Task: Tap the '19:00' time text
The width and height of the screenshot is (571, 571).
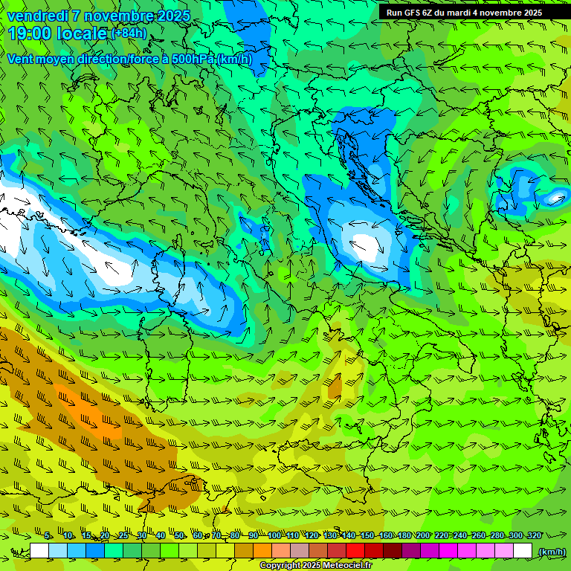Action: pyautogui.click(x=30, y=33)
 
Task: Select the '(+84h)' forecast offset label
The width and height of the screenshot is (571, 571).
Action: pyautogui.click(x=129, y=33)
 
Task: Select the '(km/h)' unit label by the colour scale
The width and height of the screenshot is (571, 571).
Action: pyautogui.click(x=551, y=551)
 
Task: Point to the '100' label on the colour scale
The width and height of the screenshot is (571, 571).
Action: pyautogui.click(x=274, y=535)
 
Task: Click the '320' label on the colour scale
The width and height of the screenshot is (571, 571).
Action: pyautogui.click(x=534, y=535)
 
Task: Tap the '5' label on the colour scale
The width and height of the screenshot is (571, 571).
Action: pyautogui.click(x=48, y=535)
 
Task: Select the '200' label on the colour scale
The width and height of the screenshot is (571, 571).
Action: pyautogui.click(x=422, y=535)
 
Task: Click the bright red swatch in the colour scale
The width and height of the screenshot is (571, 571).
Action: pyautogui.click(x=355, y=551)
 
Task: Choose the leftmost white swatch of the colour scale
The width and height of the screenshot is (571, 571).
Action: pyautogui.click(x=39, y=551)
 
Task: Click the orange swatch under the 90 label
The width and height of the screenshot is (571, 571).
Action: pyautogui.click(x=262, y=551)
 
